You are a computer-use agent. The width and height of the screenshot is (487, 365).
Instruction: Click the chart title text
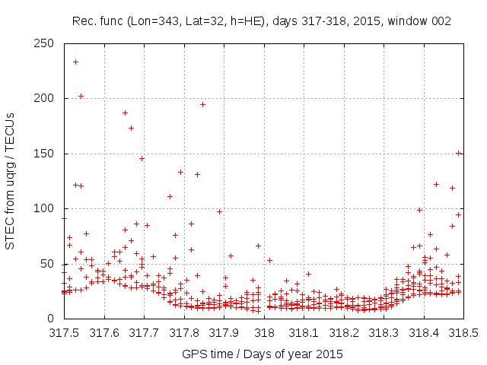pyautogui.click(x=261, y=21)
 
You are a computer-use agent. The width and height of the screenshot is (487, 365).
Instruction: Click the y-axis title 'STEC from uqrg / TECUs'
pyautogui.click(x=10, y=181)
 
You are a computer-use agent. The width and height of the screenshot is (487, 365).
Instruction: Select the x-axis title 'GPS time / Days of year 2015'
pyautogui.click(x=261, y=354)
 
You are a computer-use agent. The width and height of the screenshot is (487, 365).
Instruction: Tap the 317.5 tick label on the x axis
pyautogui.click(x=64, y=333)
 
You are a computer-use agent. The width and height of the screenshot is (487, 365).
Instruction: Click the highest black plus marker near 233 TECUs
pyautogui.click(x=75, y=62)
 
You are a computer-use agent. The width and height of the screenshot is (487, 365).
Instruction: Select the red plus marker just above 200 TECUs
pyautogui.click(x=81, y=96)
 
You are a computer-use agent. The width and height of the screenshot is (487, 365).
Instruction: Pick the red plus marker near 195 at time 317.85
pyautogui.click(x=202, y=104)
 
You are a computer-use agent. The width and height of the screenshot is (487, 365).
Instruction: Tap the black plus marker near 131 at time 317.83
pyautogui.click(x=197, y=174)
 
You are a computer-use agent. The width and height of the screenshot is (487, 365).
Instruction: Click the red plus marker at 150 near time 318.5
pyautogui.click(x=458, y=153)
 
